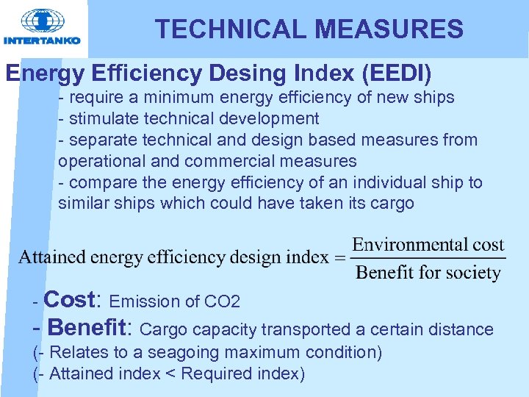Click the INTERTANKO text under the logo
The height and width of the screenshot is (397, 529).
tap(42, 41)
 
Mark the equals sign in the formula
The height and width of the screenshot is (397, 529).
tap(339, 257)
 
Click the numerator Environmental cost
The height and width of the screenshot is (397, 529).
tap(428, 245)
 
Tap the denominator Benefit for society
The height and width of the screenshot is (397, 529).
tap(428, 273)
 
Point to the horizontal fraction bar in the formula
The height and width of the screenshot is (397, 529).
tap(428, 258)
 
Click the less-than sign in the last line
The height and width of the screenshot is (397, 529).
tap(170, 374)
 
